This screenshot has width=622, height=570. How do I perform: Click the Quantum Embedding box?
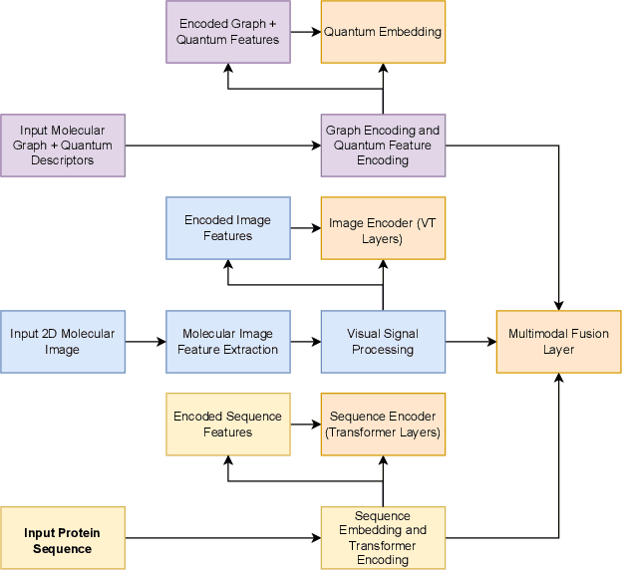click(383, 32)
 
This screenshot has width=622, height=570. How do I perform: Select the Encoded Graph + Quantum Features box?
click(228, 32)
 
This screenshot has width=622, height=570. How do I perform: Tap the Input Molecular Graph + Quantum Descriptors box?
click(63, 145)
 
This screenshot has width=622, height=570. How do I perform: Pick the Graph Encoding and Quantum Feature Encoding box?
click(383, 145)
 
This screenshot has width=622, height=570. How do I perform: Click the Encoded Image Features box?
click(228, 228)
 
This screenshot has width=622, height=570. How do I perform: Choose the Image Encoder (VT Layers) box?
click(383, 228)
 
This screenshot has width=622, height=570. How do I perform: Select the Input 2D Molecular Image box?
click(63, 342)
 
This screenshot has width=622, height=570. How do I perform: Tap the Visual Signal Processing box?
click(383, 342)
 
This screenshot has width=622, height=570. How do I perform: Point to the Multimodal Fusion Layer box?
click(558, 342)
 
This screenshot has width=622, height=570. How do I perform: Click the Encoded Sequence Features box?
click(228, 425)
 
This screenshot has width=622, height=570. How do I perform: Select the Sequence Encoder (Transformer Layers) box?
click(383, 425)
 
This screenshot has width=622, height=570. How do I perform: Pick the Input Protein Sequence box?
click(63, 539)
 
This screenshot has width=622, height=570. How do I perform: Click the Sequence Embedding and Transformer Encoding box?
click(383, 539)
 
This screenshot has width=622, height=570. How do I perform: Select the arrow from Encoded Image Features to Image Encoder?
click(305, 228)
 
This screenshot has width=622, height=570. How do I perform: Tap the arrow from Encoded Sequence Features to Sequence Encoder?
click(305, 425)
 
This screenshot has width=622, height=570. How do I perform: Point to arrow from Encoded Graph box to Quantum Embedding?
click(305, 32)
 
